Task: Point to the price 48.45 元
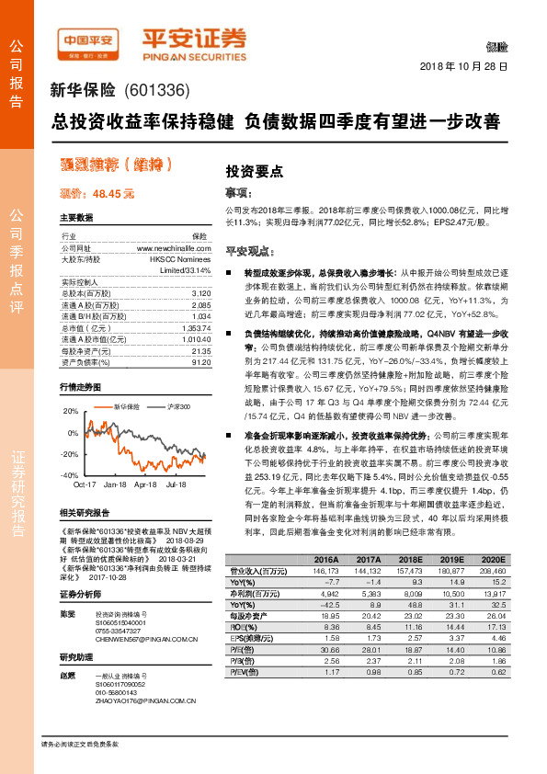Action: tap(113, 195)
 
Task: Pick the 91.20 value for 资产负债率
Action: tap(201, 362)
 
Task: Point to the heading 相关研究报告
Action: tap(85, 512)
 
